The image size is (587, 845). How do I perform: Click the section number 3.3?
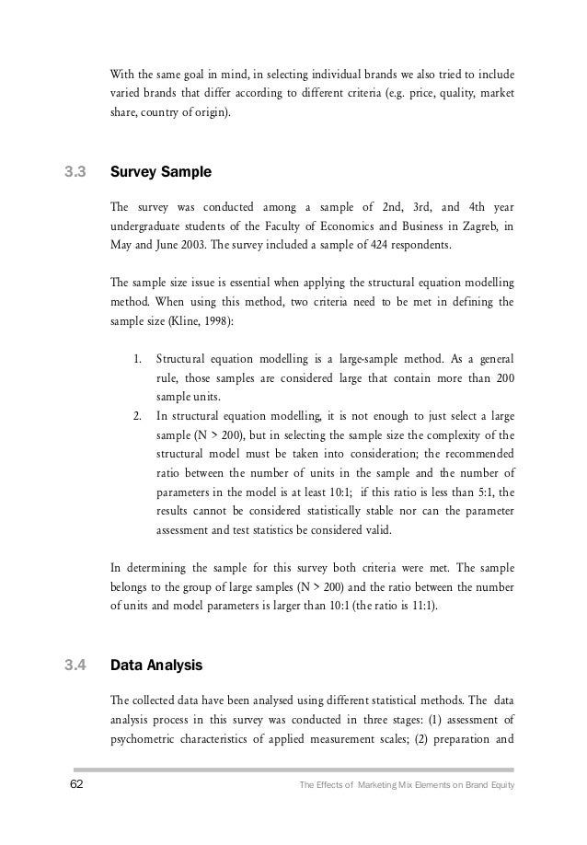[75, 171]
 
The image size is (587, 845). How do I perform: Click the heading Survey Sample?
[160, 171]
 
